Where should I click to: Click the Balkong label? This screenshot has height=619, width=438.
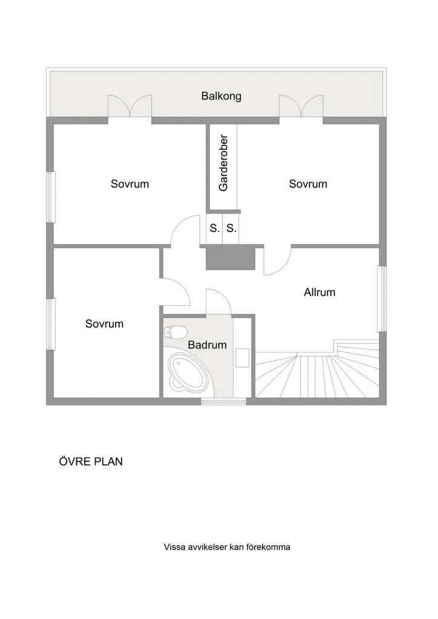click(x=221, y=96)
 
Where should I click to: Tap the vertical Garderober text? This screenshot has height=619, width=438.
click(x=224, y=163)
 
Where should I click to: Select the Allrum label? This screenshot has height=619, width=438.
click(x=319, y=293)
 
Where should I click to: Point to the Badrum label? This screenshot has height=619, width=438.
click(x=207, y=345)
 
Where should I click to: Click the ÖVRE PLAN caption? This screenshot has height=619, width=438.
click(x=91, y=461)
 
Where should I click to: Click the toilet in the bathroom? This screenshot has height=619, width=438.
click(x=175, y=332)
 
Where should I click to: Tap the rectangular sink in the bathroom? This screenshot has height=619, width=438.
click(x=242, y=358)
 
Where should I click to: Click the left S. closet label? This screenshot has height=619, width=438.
click(x=214, y=228)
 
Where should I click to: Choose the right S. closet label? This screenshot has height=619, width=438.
click(x=232, y=228)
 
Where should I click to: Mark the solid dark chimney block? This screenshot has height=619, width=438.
click(x=230, y=258)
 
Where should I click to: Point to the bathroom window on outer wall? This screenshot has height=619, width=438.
click(x=224, y=402)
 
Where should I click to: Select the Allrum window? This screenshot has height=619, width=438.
click(x=382, y=299)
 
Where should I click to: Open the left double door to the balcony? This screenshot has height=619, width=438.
click(x=130, y=106)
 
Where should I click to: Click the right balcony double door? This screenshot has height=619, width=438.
click(x=301, y=106)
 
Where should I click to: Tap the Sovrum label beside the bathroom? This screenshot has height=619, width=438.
click(x=104, y=324)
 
